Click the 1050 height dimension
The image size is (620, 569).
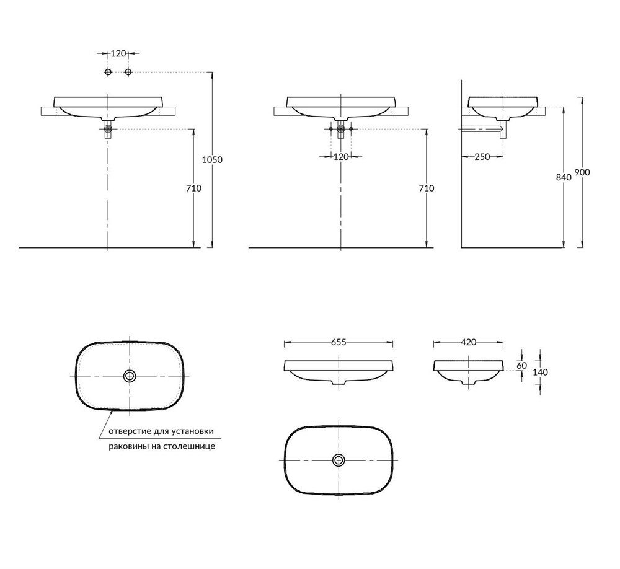(x=212, y=160)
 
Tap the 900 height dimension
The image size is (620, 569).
(x=582, y=172)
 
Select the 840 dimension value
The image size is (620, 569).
(x=564, y=177)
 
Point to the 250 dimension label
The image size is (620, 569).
(x=482, y=157)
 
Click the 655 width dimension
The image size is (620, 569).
(x=339, y=342)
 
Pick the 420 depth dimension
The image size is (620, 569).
(x=469, y=342)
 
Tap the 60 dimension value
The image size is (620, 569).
(x=522, y=366)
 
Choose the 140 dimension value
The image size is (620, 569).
(x=540, y=372)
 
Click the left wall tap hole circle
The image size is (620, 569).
(x=108, y=71)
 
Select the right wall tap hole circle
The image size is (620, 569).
(x=128, y=71)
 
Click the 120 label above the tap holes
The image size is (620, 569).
(x=118, y=53)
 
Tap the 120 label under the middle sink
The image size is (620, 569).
(x=341, y=157)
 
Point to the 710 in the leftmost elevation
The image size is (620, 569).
(x=193, y=188)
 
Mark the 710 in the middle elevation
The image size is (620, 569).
(x=427, y=188)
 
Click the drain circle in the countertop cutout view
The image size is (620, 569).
(x=129, y=376)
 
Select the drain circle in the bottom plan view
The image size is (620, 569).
(x=339, y=460)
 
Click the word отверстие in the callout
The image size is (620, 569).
(x=128, y=431)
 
